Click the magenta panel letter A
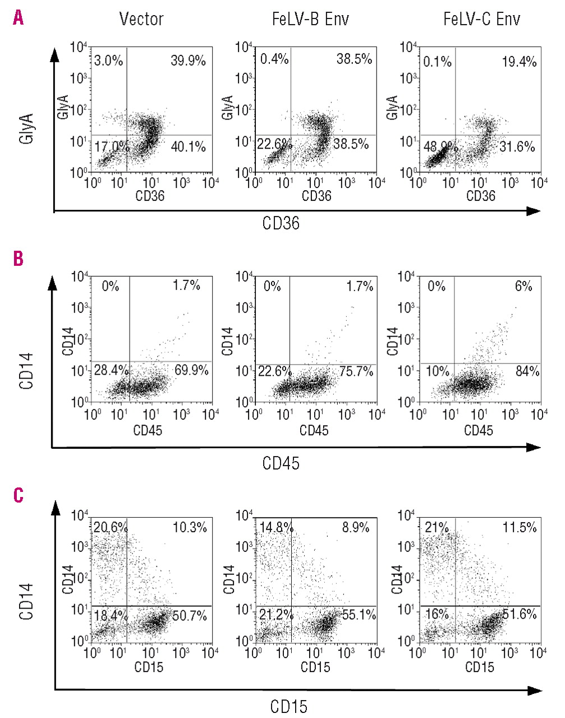pos(19,19)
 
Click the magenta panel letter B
pos(19,259)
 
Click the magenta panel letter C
pos(19,495)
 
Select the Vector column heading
pos(141,20)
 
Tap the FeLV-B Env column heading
pos(310,20)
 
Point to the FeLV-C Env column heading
pos(481,20)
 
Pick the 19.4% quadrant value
pos(519,61)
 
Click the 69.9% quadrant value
pos(191,370)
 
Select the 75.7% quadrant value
pos(356,370)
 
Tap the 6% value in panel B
pos(523,287)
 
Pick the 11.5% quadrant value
pos(520,527)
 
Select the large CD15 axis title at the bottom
pos(288,706)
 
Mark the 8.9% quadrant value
pos(355,527)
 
